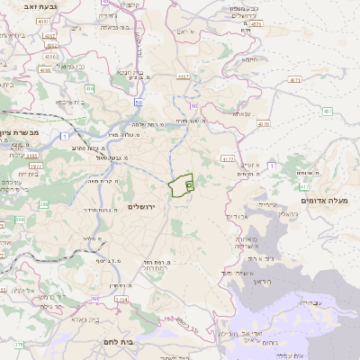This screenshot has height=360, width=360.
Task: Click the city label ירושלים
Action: tap(143, 208)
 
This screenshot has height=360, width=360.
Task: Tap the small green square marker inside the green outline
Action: tap(189, 185)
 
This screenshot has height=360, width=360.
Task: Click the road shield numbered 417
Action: tap(328, 112)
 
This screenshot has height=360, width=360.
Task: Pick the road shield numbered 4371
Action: tap(294, 80)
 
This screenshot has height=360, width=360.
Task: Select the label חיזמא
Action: tap(250, 59)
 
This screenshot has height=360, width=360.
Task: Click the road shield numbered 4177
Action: tap(184, 77)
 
